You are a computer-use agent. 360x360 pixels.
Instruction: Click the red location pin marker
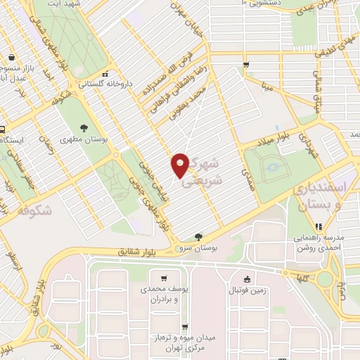[180, 165]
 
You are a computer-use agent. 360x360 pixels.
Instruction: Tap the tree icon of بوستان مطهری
[84, 128]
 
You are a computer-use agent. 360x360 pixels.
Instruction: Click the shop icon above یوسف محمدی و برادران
[165, 278]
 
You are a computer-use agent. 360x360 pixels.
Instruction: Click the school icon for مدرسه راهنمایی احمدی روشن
[318, 226]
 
